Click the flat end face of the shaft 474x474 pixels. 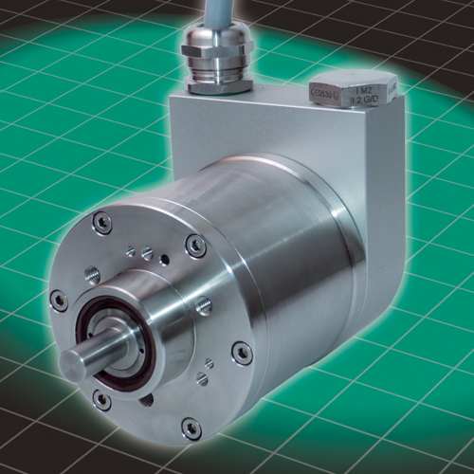pyautogui.click(x=73, y=366)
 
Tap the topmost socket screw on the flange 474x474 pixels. pyautogui.click(x=101, y=224)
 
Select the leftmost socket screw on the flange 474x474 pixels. pyautogui.click(x=59, y=301)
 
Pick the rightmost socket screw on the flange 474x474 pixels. pyautogui.click(x=242, y=353)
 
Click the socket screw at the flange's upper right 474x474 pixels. pyautogui.click(x=195, y=246)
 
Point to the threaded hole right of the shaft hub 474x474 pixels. pyautogui.click(x=203, y=306)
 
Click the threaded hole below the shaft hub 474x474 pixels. pyautogui.click(x=147, y=399)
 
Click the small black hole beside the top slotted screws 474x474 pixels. pyautogui.click(x=165, y=258)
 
